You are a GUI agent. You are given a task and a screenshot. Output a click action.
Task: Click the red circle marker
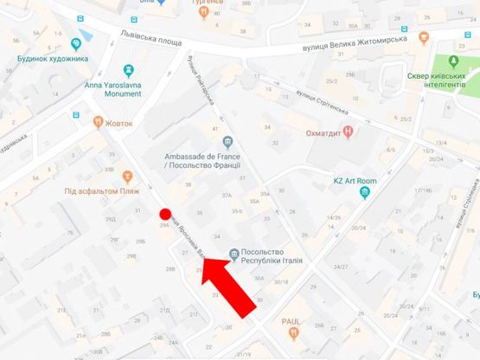pyautogui.click(x=165, y=215)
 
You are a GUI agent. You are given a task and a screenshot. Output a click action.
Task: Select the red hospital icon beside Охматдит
pyautogui.click(x=348, y=132)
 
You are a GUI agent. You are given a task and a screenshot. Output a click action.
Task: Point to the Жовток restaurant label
pyautogui.click(x=119, y=123)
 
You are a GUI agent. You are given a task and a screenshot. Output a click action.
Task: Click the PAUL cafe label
pyautogui.click(x=290, y=320)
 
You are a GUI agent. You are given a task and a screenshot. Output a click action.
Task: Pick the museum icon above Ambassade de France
pyautogui.click(x=227, y=141)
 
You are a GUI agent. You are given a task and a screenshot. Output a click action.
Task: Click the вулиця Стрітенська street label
pyautogui.click(x=319, y=110)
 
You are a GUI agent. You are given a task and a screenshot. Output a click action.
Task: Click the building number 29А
pyautogui.click(x=164, y=225)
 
